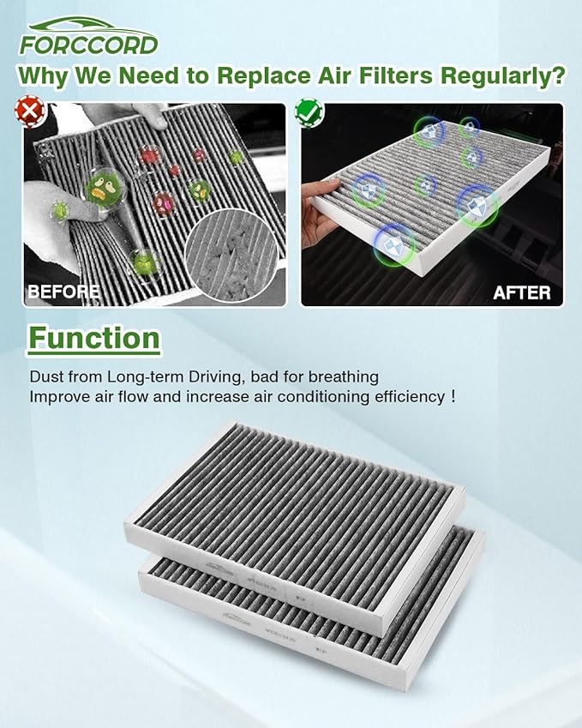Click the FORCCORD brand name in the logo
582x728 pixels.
pyautogui.click(x=89, y=44)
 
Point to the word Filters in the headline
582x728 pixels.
pyautogui.click(x=385, y=75)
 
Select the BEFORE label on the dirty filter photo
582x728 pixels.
pyautogui.click(x=63, y=292)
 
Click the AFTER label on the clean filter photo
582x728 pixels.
pyautogui.click(x=521, y=292)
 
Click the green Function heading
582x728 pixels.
pyautogui.click(x=94, y=339)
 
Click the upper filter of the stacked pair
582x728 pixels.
pyautogui.click(x=291, y=506)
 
